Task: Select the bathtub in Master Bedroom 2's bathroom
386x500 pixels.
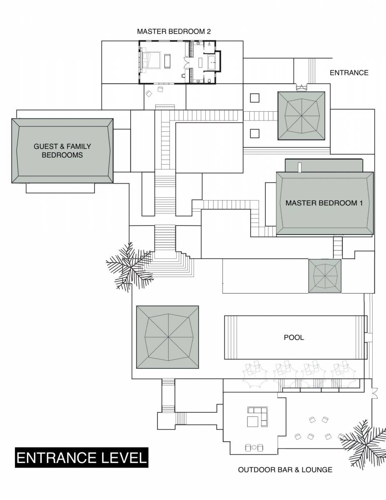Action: tap(211, 62)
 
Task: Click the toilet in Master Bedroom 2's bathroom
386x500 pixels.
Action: tap(183, 76)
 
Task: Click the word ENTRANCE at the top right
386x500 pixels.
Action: tap(349, 72)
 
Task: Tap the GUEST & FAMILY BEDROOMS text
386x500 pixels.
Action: tap(62, 150)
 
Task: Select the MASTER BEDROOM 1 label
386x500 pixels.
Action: tap(324, 203)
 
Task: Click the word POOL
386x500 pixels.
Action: tap(294, 337)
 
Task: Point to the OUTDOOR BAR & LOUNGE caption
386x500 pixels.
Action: tap(285, 470)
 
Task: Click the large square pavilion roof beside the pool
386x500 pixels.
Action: tap(168, 337)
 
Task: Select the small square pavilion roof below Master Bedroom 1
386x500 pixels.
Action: tap(325, 275)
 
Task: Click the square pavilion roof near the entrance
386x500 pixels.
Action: tap(301, 115)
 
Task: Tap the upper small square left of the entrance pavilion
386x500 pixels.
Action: tap(254, 98)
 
